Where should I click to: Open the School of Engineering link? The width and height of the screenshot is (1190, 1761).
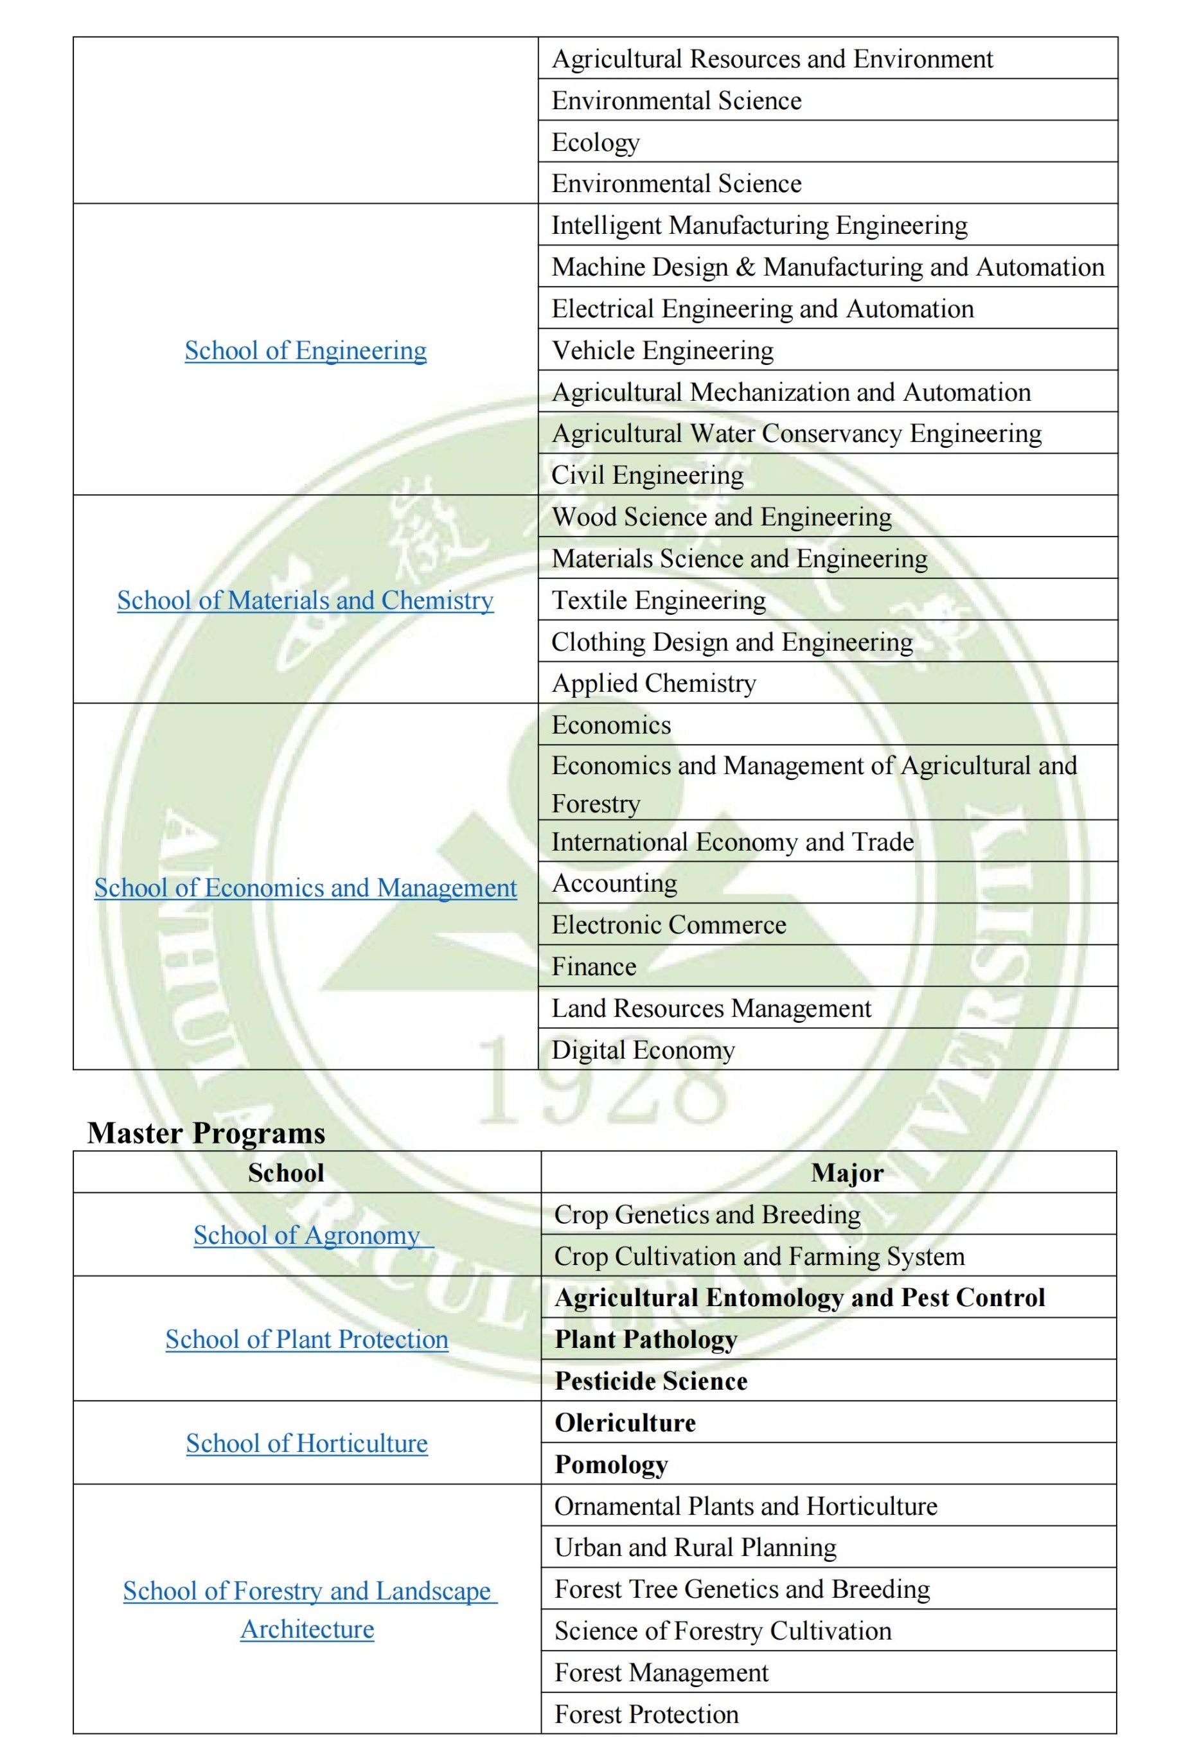[305, 350]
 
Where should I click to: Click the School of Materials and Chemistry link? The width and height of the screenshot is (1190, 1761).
[305, 600]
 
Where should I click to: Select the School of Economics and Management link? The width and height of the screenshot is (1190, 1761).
[305, 887]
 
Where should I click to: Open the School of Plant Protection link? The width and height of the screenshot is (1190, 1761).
[306, 1339]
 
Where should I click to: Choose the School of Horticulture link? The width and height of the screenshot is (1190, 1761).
[306, 1443]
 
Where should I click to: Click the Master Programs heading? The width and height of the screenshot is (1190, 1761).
[206, 1133]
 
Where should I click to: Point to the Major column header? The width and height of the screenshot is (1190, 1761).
[847, 1173]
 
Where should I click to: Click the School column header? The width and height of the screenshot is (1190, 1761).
[286, 1173]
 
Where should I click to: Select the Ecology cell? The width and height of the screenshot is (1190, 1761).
[596, 143]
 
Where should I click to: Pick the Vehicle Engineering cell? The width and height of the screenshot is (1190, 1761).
[662, 350]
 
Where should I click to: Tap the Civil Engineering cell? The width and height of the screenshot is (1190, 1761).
[647, 475]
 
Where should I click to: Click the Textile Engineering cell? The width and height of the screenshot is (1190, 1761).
[659, 600]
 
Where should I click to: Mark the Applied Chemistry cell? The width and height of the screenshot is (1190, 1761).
[653, 683]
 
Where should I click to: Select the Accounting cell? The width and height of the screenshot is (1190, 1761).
[614, 883]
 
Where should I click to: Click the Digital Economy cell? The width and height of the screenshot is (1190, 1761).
[643, 1050]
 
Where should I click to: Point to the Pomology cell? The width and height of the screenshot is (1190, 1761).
[611, 1464]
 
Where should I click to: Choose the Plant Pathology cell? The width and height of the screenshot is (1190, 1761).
[646, 1339]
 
